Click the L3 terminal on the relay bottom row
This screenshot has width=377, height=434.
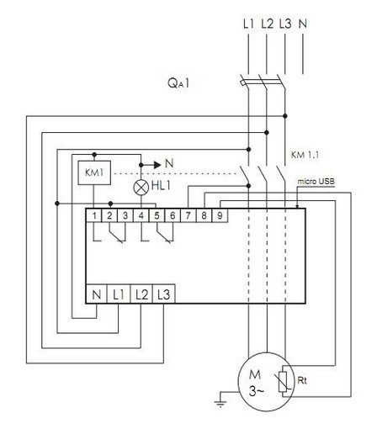click(x=164, y=295)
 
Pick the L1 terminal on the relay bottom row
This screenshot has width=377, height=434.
click(x=119, y=295)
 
